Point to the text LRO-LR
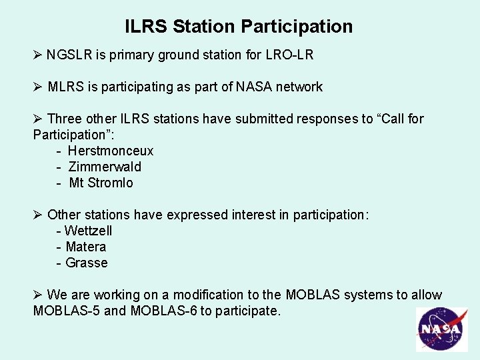290,55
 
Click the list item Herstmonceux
110,151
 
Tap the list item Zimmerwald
105,167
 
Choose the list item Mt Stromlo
101,183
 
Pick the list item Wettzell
88,231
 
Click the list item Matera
85,247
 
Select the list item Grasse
86,263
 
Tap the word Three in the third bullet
65,119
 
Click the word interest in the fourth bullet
252,215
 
